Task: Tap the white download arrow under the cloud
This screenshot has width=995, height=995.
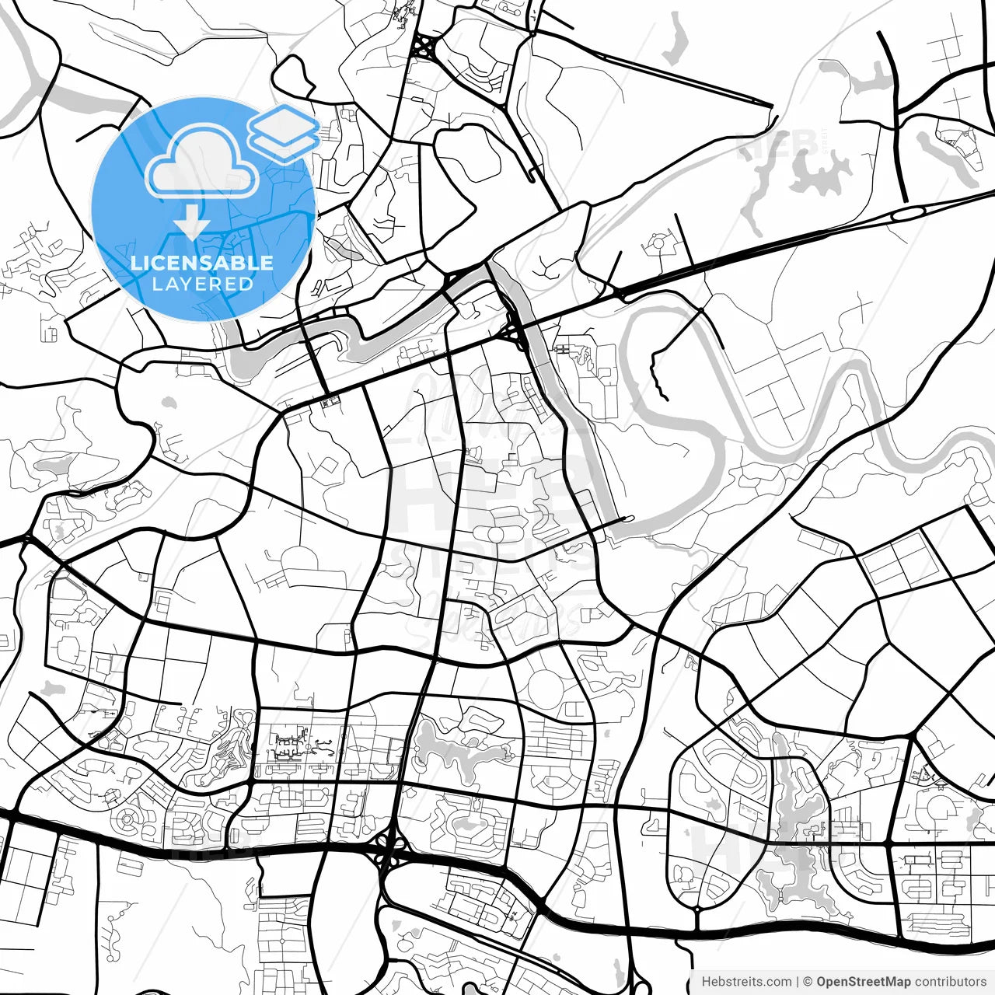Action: coord(192,226)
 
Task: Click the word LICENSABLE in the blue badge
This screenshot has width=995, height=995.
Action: coord(202,263)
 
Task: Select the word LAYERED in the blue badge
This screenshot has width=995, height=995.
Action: coord(202,284)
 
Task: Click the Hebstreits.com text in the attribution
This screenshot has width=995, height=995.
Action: coord(746,982)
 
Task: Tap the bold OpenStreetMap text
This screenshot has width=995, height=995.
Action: coord(864,982)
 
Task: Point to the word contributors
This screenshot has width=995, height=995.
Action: coord(950,982)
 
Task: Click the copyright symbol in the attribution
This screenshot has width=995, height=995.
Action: coord(808,982)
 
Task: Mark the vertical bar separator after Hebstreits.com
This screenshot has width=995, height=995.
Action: coord(798,982)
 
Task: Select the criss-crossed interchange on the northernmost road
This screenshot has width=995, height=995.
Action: coord(424,47)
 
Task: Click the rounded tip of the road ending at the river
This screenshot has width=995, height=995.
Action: coord(628,518)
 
